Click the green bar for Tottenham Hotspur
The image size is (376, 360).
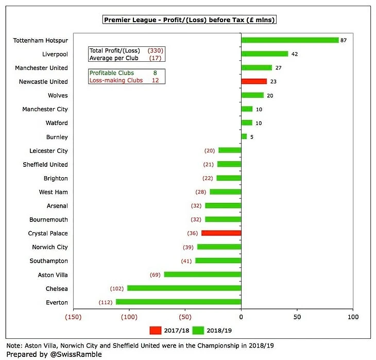point(290,40)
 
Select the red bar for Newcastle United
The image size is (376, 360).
point(254,81)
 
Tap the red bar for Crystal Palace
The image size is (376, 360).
point(221,233)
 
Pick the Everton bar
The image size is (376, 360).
point(178,302)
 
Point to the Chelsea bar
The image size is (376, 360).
point(184,288)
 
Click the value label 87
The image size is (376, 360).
point(343,40)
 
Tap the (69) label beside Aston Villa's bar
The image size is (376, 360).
point(155,275)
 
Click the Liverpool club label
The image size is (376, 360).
point(55,54)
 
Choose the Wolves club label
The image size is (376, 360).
point(57,95)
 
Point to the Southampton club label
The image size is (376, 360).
point(49,261)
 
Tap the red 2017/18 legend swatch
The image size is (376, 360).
point(156,330)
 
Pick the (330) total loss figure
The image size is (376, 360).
point(155,50)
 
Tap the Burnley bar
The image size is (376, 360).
point(244,137)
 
